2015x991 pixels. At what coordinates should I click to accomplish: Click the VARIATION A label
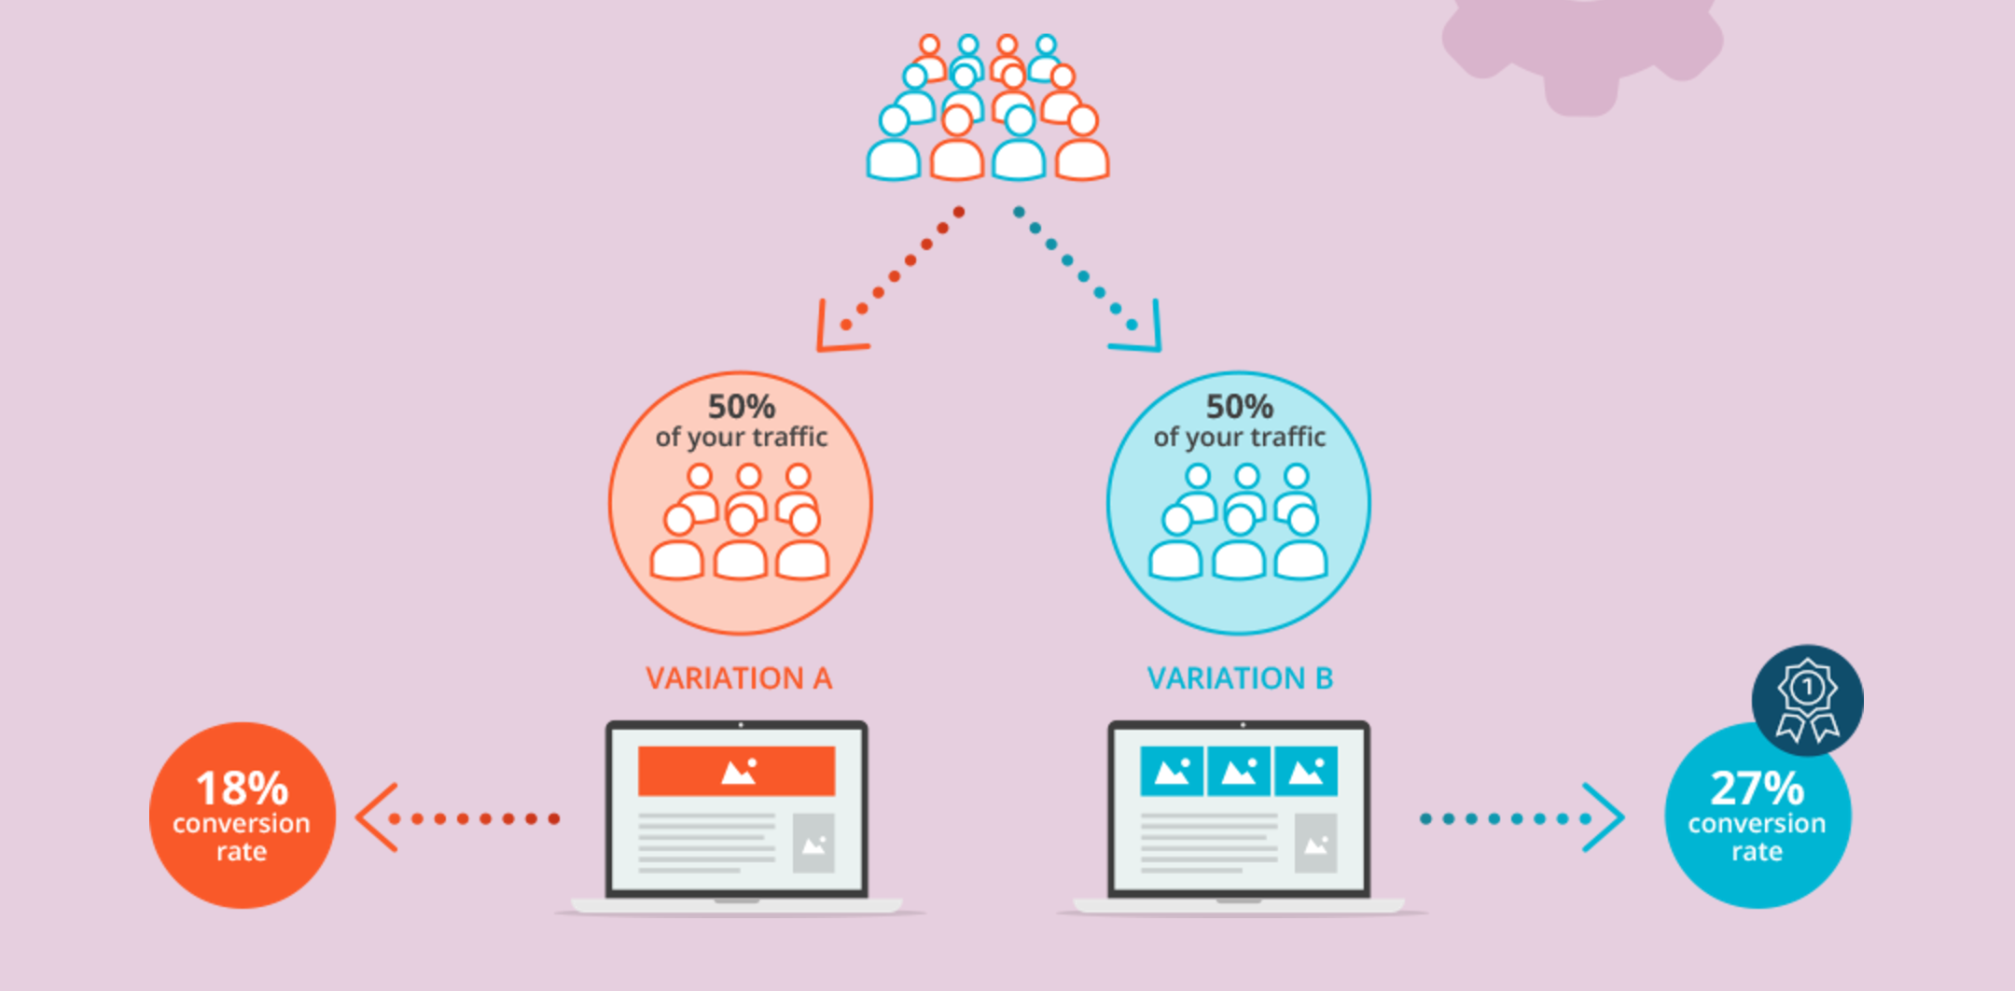738,678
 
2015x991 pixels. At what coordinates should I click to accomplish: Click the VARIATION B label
1240,678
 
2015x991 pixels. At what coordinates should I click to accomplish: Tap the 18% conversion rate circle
242,816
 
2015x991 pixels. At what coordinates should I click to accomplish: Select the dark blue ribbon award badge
1807,700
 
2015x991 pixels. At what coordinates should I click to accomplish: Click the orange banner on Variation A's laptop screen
736,771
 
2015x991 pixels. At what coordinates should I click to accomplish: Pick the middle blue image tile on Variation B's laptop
1239,771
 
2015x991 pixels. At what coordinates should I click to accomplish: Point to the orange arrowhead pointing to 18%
376,817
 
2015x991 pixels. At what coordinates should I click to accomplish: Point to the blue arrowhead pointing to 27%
1605,817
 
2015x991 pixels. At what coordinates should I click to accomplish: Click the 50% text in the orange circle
741,407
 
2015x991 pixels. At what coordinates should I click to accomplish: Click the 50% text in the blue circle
1239,407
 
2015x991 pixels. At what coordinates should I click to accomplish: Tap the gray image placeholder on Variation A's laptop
813,844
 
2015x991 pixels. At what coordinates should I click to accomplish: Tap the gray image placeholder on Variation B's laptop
1315,844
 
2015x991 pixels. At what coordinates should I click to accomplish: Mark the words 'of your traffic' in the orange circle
741,437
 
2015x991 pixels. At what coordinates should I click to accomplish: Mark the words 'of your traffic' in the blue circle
1239,437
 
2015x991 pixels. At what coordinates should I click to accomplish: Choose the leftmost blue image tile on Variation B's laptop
1172,771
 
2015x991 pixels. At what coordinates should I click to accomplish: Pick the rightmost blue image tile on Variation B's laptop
1306,771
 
